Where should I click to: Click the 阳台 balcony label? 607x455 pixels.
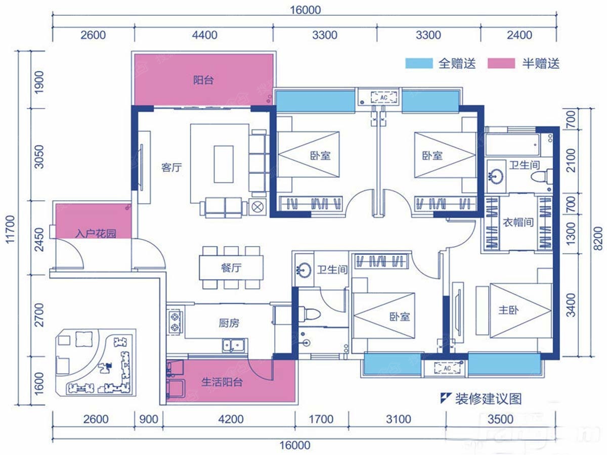tap(203, 80)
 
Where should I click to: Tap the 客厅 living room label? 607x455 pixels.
tap(171, 167)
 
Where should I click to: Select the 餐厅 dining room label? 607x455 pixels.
tap(231, 267)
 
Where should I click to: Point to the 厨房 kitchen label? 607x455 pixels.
tap(229, 323)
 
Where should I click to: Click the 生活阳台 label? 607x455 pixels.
tap(222, 382)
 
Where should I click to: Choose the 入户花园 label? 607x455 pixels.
tap(96, 234)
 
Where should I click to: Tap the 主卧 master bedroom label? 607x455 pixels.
tap(508, 310)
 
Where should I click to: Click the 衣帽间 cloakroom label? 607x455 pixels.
tap(518, 222)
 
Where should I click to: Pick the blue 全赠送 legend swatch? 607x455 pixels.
tap(419, 63)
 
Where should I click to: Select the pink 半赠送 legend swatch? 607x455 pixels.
tap(501, 63)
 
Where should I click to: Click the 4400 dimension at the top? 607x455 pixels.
tap(205, 35)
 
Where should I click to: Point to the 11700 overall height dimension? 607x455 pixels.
tap(10, 230)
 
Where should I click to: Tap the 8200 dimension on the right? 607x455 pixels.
tap(598, 239)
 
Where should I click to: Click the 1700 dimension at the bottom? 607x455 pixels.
tap(321, 420)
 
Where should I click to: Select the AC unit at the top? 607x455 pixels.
tap(384, 98)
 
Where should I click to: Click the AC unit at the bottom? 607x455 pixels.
tap(447, 368)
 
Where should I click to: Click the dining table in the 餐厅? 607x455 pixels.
tap(231, 267)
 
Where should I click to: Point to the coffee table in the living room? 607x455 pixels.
tap(224, 164)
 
